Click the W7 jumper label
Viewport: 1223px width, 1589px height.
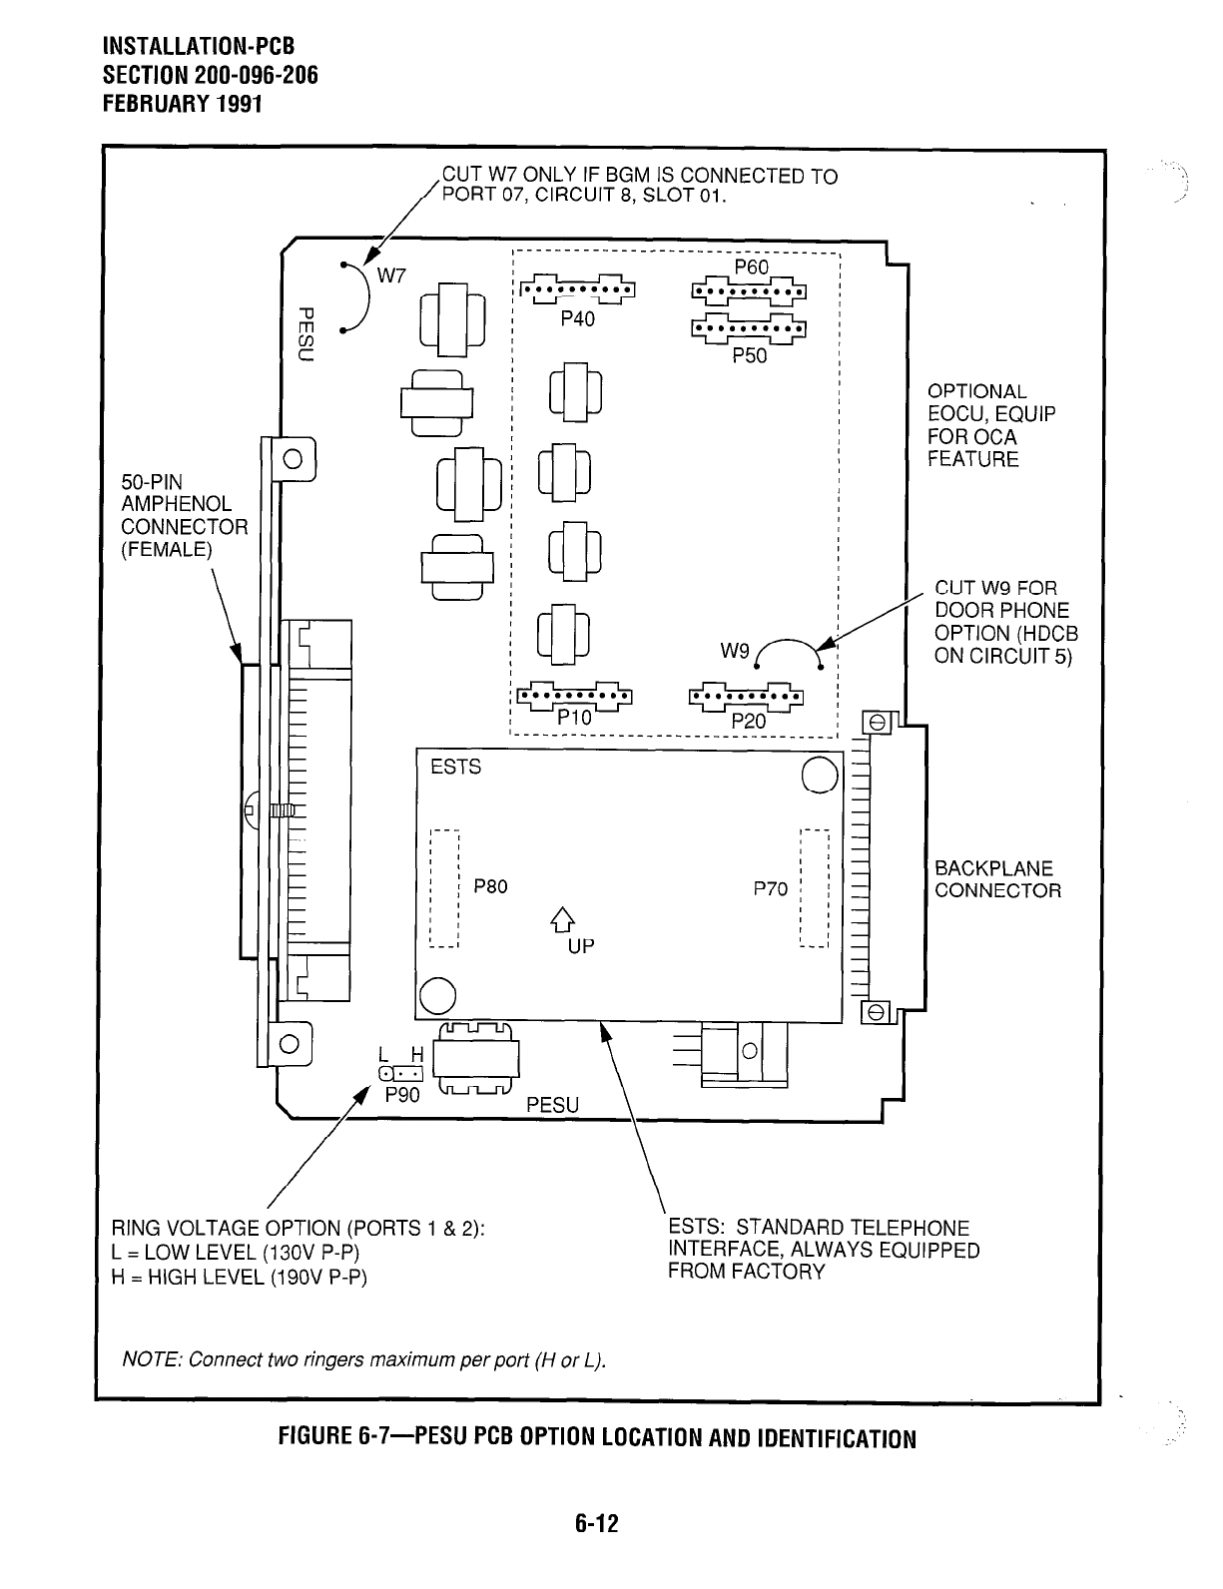(389, 276)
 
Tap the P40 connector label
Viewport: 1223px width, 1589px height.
(576, 319)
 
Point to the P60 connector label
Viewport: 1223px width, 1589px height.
(751, 267)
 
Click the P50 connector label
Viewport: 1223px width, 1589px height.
(749, 355)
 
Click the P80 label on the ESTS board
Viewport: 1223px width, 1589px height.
(490, 885)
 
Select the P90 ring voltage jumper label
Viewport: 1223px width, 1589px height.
(403, 1094)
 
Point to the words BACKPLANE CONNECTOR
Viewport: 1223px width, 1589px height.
(997, 879)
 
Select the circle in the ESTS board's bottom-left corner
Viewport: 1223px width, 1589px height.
(438, 994)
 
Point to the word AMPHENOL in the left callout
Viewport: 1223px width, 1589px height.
(176, 504)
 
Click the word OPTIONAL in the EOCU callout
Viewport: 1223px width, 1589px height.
(976, 391)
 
